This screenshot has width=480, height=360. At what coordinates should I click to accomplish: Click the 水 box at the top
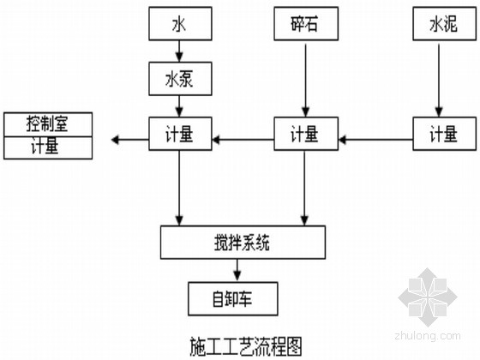[x=180, y=24]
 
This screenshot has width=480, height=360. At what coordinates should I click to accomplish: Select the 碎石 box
[x=306, y=24]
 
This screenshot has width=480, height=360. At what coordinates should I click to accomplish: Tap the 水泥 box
[x=445, y=24]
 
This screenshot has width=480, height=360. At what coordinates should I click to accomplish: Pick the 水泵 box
[x=180, y=79]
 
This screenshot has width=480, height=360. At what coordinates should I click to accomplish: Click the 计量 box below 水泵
[x=180, y=134]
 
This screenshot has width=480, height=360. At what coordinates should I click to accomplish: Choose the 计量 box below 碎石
[x=306, y=134]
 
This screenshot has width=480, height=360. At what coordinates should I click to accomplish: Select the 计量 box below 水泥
[x=445, y=134]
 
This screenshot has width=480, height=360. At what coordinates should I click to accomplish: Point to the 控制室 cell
[x=48, y=124]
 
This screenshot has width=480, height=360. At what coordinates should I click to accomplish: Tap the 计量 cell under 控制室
[x=48, y=147]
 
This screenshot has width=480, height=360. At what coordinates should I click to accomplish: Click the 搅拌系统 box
[x=243, y=243]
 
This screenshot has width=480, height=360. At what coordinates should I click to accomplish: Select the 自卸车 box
[x=233, y=299]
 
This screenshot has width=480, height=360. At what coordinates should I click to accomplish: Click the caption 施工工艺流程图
[x=246, y=347]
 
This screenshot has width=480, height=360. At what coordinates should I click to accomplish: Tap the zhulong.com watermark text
[x=428, y=335]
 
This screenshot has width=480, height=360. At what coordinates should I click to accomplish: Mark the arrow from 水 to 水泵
[x=179, y=51]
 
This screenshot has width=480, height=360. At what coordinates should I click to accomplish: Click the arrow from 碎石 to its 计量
[x=305, y=81]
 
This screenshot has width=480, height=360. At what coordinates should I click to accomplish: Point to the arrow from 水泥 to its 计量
[x=439, y=81]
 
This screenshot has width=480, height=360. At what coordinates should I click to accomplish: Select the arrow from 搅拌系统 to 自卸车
[x=237, y=271]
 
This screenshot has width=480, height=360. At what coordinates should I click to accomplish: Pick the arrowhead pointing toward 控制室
[x=115, y=140]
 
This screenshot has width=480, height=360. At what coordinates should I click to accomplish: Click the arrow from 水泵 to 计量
[x=179, y=106]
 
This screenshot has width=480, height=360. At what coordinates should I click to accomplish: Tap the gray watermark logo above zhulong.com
[x=428, y=297]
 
